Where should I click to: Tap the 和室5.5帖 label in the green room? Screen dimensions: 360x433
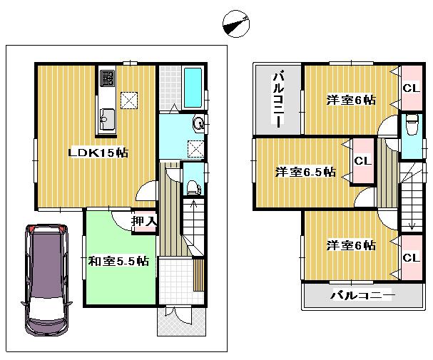point(118,261)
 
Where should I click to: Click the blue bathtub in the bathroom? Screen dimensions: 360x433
point(193,86)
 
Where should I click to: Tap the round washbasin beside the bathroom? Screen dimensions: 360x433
point(198,123)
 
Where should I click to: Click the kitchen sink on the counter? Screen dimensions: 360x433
point(107,118)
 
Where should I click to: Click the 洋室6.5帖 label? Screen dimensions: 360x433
point(305,172)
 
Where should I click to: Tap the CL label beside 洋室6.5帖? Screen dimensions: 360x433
point(362,161)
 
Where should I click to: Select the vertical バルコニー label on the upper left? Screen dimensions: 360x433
point(279,97)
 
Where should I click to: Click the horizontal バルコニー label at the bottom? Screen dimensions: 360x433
point(362,295)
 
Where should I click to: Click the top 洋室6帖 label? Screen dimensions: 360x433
point(351,100)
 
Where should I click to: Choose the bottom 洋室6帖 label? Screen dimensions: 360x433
point(351,245)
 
